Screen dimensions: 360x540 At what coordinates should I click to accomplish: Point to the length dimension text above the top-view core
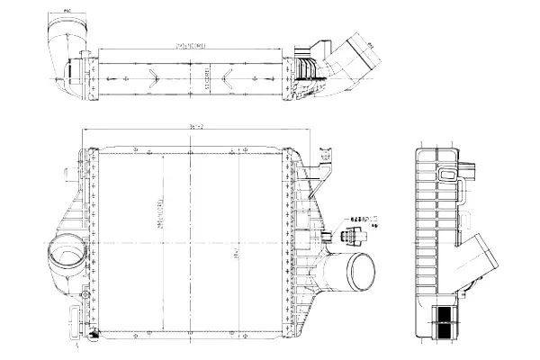pyautogui.click(x=190, y=44)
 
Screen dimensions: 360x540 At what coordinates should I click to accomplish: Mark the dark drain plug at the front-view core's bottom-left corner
pyautogui.click(x=93, y=332)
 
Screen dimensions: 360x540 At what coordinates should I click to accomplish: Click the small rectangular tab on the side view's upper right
pyautogui.click(x=473, y=167)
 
